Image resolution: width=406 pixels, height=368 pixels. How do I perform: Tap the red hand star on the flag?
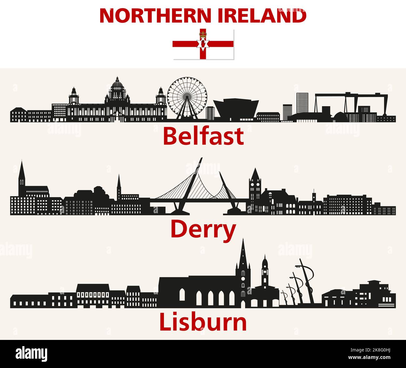(203, 44)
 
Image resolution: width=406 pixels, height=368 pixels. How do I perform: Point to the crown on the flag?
(203, 32)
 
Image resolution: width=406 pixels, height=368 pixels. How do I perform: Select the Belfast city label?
(203, 136)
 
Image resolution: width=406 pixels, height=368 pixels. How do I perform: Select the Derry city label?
(203, 229)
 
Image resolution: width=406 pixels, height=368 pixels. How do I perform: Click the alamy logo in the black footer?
(32, 354)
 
